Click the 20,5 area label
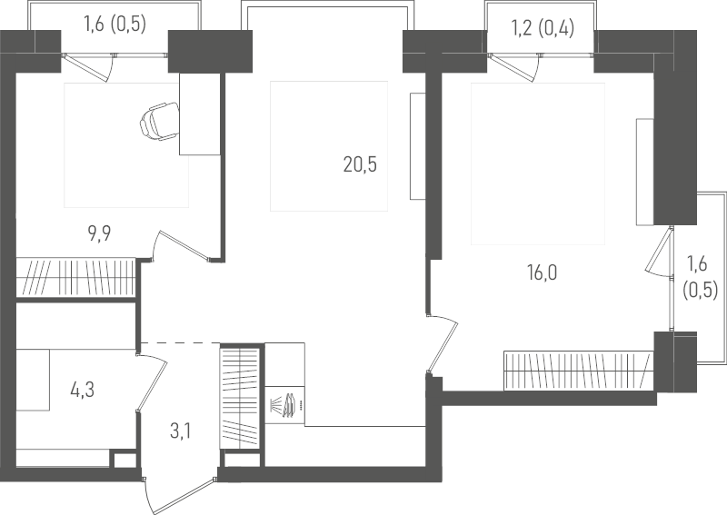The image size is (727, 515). pos(360,164)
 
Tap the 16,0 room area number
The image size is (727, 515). pos(542,272)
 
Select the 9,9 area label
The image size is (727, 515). pos(99,233)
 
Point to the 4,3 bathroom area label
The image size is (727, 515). pos(83,391)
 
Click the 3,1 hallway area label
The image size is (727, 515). pos(180,431)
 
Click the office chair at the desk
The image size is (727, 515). pos(159,122)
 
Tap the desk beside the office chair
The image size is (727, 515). pos(199,114)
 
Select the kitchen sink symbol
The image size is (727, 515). pos(284,405)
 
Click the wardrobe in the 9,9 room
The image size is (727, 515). pos(76,277)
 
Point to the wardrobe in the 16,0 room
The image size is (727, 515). pos(579,371)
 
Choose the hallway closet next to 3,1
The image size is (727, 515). pos(239,397)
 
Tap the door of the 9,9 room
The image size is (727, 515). pos(181,244)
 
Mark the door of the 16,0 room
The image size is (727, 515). pos(443,343)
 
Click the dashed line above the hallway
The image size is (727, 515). pos(180,342)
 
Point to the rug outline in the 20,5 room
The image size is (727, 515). pos(329,146)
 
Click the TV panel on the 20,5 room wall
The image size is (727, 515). pos(418,146)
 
